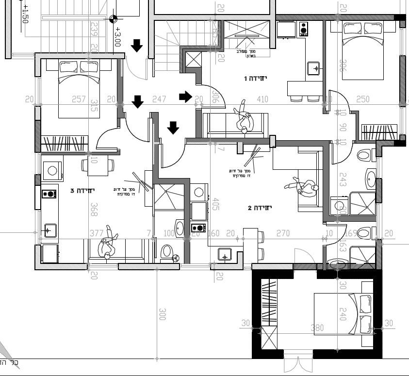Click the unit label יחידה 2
[x=260, y=208]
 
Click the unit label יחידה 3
[x=82, y=191]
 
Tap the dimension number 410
[x=262, y=99]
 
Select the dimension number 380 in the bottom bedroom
[x=317, y=328]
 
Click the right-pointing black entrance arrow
[x=185, y=97]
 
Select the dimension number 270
[x=283, y=234]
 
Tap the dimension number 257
[x=79, y=99]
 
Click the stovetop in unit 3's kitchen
[x=49, y=194]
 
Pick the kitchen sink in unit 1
[x=313, y=68]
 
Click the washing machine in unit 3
[x=52, y=171]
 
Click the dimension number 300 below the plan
[x=163, y=314]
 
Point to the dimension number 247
[x=159, y=99]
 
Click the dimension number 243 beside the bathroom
[x=343, y=180]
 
